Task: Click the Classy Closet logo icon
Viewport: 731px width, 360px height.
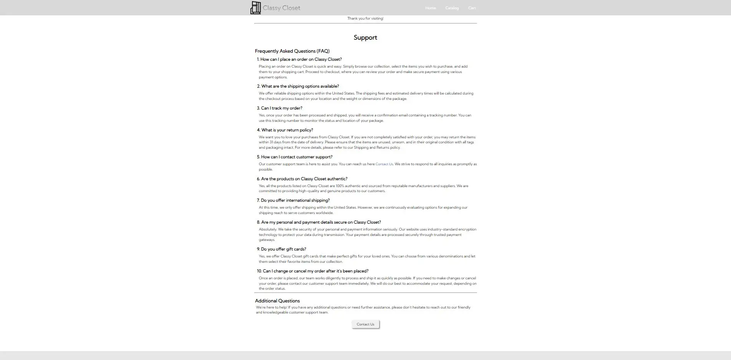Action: (x=255, y=8)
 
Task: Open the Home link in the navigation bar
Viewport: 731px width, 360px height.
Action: (x=430, y=8)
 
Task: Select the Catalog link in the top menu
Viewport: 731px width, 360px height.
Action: (x=452, y=8)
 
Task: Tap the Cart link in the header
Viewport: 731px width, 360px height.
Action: (x=472, y=8)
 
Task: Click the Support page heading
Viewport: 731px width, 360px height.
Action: (x=365, y=38)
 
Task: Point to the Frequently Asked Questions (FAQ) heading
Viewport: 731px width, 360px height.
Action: (x=292, y=51)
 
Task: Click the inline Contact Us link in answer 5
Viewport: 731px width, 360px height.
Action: (x=384, y=164)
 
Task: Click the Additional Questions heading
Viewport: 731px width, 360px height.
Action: (x=277, y=301)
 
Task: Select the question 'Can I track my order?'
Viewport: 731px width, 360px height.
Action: (x=280, y=108)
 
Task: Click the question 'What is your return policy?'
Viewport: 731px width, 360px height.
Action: (x=285, y=130)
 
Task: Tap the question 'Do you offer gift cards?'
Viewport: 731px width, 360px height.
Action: (x=282, y=249)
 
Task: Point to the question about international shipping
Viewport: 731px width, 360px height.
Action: (x=293, y=201)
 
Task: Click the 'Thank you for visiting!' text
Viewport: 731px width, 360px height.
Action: (x=365, y=18)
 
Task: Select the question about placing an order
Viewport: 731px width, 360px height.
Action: (x=299, y=60)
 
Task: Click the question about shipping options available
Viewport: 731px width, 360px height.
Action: (x=298, y=86)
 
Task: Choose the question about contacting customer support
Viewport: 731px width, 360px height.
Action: (x=295, y=157)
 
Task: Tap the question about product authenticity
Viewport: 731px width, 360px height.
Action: (x=302, y=179)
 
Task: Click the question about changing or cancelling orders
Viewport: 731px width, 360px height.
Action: (x=313, y=271)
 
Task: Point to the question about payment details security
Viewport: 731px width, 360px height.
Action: (x=319, y=222)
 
